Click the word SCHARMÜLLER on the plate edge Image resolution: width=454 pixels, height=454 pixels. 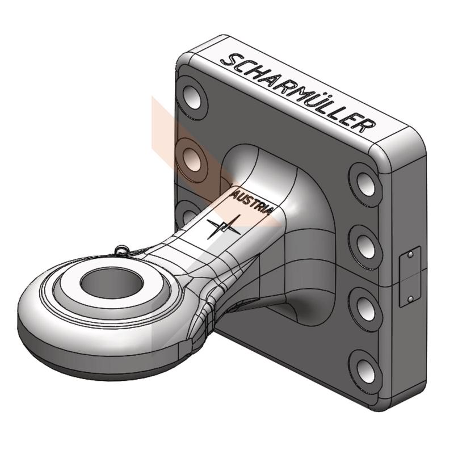point(298,93)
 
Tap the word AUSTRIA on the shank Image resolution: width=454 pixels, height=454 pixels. point(251,201)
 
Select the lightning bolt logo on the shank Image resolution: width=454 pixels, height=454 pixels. point(224,226)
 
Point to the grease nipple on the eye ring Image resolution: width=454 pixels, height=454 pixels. point(121,250)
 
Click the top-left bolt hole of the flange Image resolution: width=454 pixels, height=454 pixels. point(192,96)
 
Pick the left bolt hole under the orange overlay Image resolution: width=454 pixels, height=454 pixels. point(192,159)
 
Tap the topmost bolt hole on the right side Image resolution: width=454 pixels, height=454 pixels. point(366,183)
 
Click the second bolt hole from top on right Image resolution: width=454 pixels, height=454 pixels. point(366,245)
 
